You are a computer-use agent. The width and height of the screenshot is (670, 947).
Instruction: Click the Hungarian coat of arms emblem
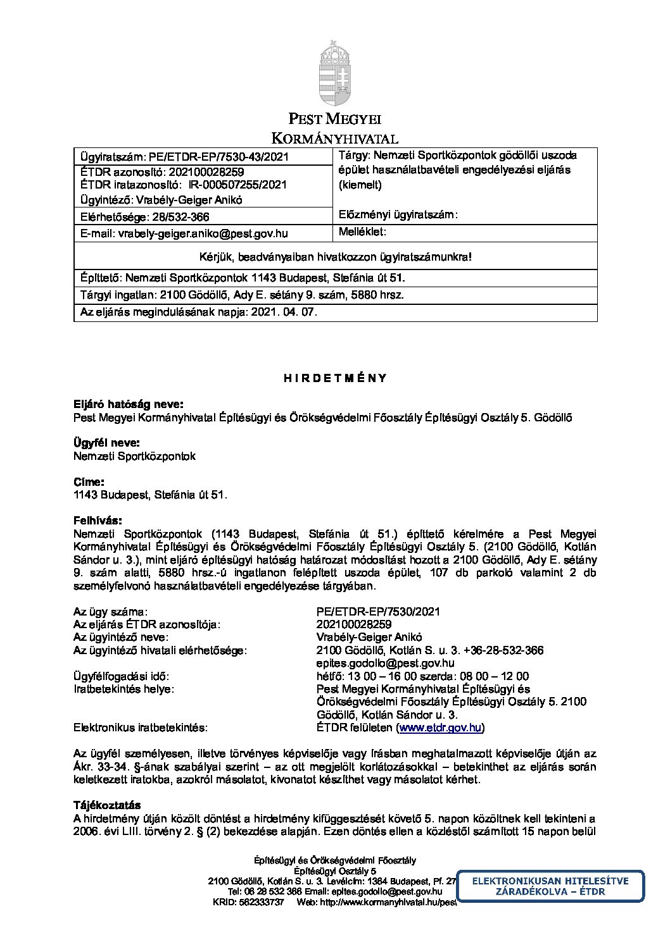[x=334, y=70]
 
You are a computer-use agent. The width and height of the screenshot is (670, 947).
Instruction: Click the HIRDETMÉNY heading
[x=334, y=378]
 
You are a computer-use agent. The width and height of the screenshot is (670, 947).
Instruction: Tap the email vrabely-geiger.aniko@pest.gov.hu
[x=203, y=233]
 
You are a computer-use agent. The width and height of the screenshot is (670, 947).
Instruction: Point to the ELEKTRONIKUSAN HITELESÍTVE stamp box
[x=550, y=886]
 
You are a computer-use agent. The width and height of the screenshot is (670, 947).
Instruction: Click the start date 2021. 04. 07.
[x=284, y=313]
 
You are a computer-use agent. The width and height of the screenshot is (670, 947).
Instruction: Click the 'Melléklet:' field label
[x=362, y=232]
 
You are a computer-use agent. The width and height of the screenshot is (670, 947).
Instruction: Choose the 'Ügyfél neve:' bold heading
[x=106, y=443]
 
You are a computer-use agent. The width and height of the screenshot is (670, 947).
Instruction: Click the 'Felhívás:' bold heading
[x=98, y=521]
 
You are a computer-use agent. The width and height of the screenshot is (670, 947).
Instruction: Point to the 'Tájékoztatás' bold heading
[x=106, y=805]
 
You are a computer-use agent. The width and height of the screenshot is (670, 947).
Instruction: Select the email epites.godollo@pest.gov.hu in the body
[x=385, y=664]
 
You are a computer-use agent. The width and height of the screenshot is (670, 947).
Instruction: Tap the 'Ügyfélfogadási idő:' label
[x=122, y=676]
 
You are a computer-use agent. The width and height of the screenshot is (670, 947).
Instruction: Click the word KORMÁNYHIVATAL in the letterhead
[x=334, y=139]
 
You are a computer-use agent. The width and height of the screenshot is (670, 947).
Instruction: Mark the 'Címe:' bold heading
[x=89, y=482]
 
